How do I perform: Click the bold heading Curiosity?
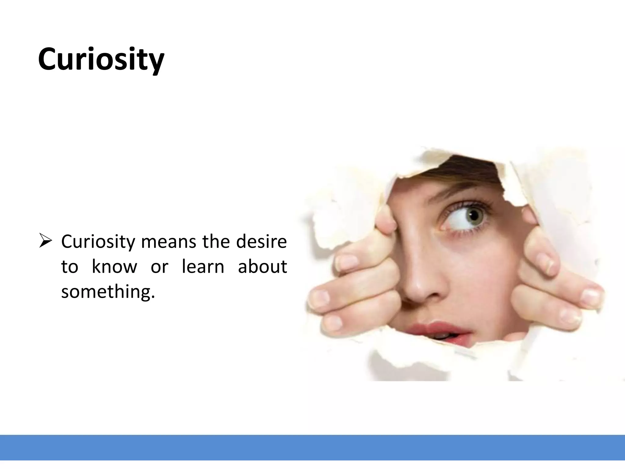click(x=101, y=60)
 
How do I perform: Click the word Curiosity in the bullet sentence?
click(x=98, y=242)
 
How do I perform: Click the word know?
click(x=114, y=267)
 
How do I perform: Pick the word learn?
click(x=203, y=267)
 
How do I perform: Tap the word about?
click(x=262, y=267)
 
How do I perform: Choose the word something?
click(x=106, y=292)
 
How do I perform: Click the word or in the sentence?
click(x=159, y=267)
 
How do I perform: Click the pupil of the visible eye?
click(x=474, y=216)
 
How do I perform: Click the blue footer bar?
click(x=312, y=447)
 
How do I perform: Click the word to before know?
click(x=70, y=267)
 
